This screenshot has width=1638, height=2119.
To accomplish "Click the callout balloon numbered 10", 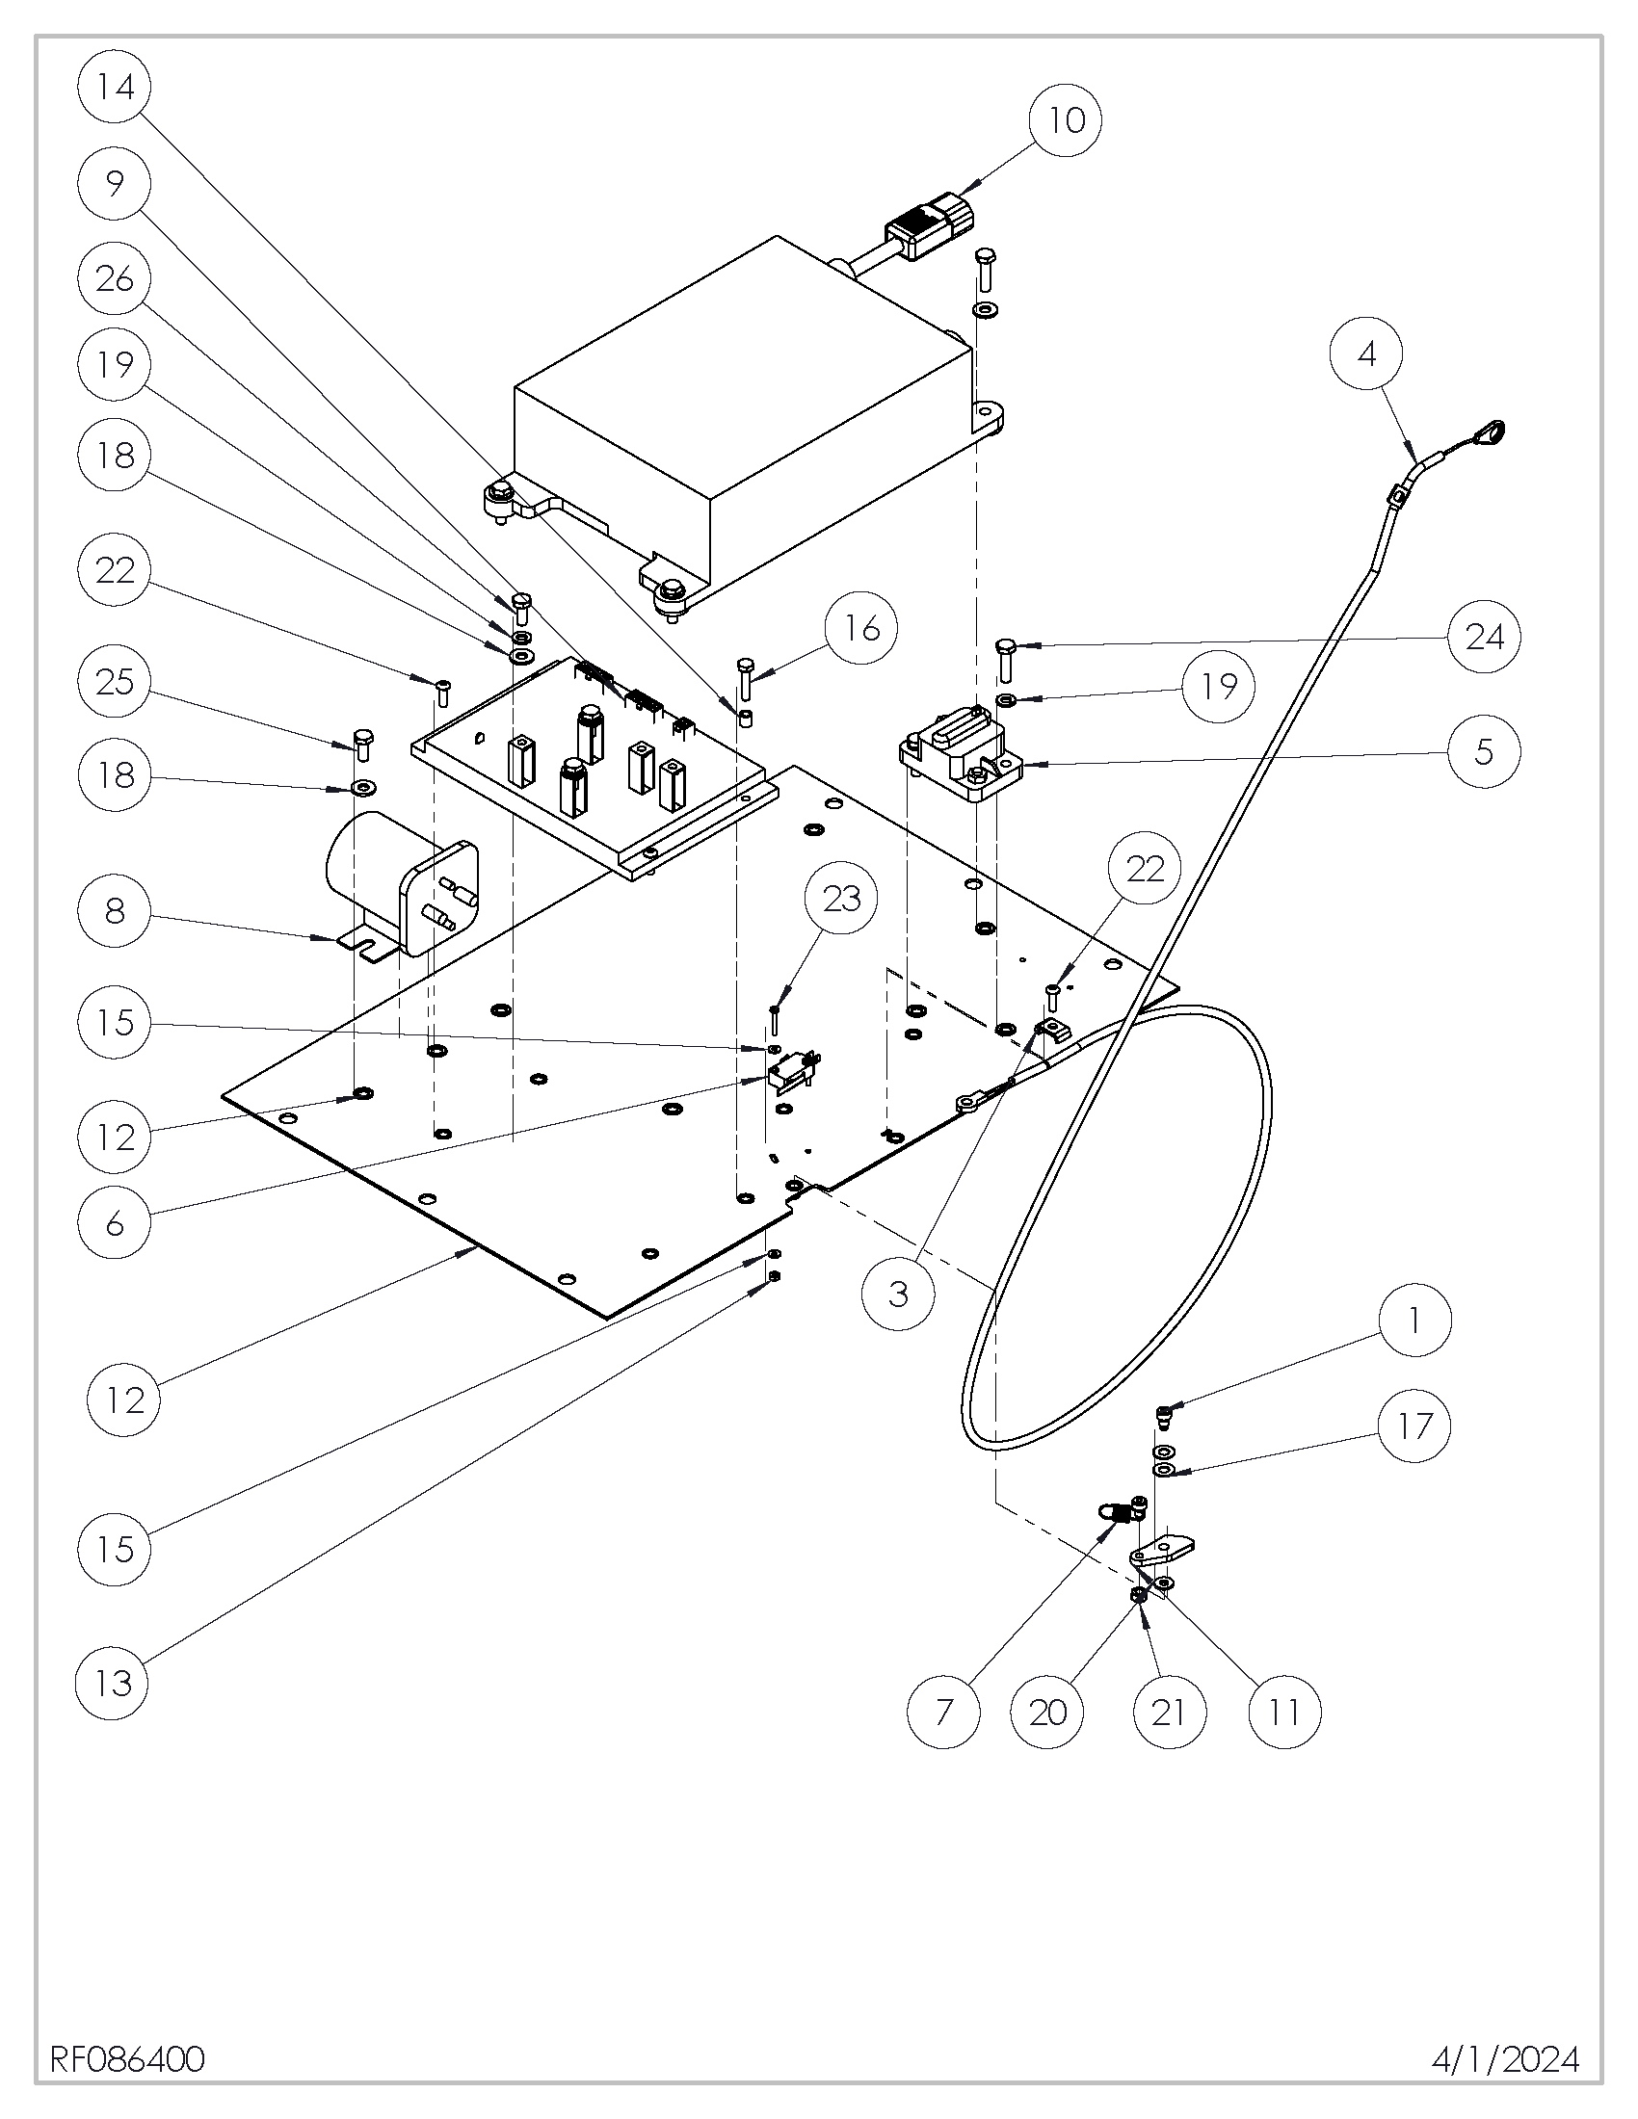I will tap(1066, 120).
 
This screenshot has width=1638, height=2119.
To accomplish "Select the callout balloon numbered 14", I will tap(115, 87).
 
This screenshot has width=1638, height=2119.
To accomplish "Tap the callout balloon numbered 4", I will tap(1366, 354).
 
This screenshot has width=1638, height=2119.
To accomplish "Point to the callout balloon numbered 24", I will tap(1484, 637).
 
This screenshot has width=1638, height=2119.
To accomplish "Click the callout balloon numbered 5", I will tap(1484, 751).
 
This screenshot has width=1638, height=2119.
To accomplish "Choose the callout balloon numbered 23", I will tap(841, 899).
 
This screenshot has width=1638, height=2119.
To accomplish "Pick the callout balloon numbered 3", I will tap(899, 1294).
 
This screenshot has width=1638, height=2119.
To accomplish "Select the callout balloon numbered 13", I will tap(113, 1684).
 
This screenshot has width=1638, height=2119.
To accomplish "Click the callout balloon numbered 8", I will tap(115, 910).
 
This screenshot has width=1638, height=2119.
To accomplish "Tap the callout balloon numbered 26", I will tap(115, 278).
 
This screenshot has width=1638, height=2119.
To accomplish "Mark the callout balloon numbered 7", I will tap(944, 1713).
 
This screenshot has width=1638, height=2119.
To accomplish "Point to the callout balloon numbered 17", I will tap(1413, 1426).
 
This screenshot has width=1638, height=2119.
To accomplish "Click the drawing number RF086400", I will tap(127, 2052).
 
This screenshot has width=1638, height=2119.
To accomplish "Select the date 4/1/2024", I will tap(1505, 2052).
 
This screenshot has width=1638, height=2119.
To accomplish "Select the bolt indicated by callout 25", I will tap(363, 743).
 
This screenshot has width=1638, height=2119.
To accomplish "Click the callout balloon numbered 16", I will tap(860, 628).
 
